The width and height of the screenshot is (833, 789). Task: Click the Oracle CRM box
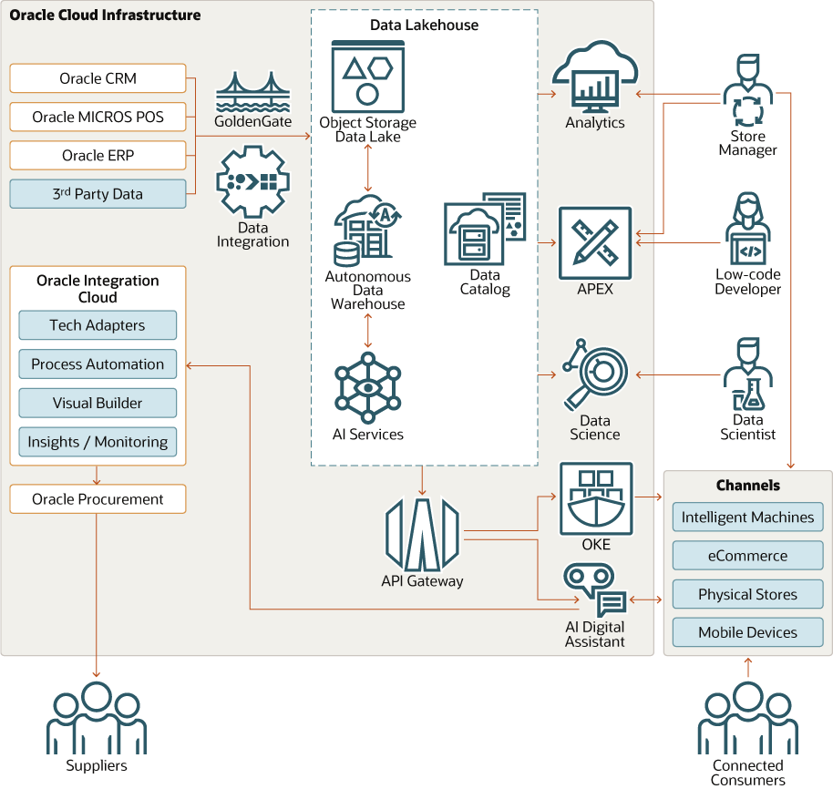click(98, 78)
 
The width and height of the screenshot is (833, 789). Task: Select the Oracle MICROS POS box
click(98, 117)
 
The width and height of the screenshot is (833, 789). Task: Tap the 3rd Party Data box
click(98, 194)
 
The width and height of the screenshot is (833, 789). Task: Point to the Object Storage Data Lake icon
click(367, 77)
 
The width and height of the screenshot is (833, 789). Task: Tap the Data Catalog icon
click(484, 228)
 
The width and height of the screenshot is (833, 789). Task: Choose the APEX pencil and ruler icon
click(595, 243)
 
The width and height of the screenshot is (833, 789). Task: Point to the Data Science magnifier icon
click(595, 374)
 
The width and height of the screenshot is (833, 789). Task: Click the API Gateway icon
click(422, 534)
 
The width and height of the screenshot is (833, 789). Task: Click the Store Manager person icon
click(747, 91)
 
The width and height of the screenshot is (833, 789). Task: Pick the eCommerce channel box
click(747, 556)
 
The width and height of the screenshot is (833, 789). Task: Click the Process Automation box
click(98, 364)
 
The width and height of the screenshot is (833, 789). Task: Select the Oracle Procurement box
click(98, 499)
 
